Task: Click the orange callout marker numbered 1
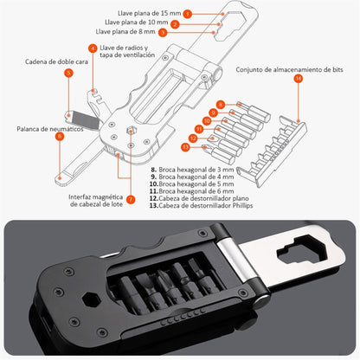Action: (188, 15)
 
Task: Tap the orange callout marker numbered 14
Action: (299, 79)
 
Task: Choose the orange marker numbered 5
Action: (68, 74)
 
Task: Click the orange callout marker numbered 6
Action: (60, 137)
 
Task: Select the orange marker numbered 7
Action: (130, 199)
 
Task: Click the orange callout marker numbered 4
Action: (93, 48)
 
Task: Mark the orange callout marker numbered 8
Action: (221, 104)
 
